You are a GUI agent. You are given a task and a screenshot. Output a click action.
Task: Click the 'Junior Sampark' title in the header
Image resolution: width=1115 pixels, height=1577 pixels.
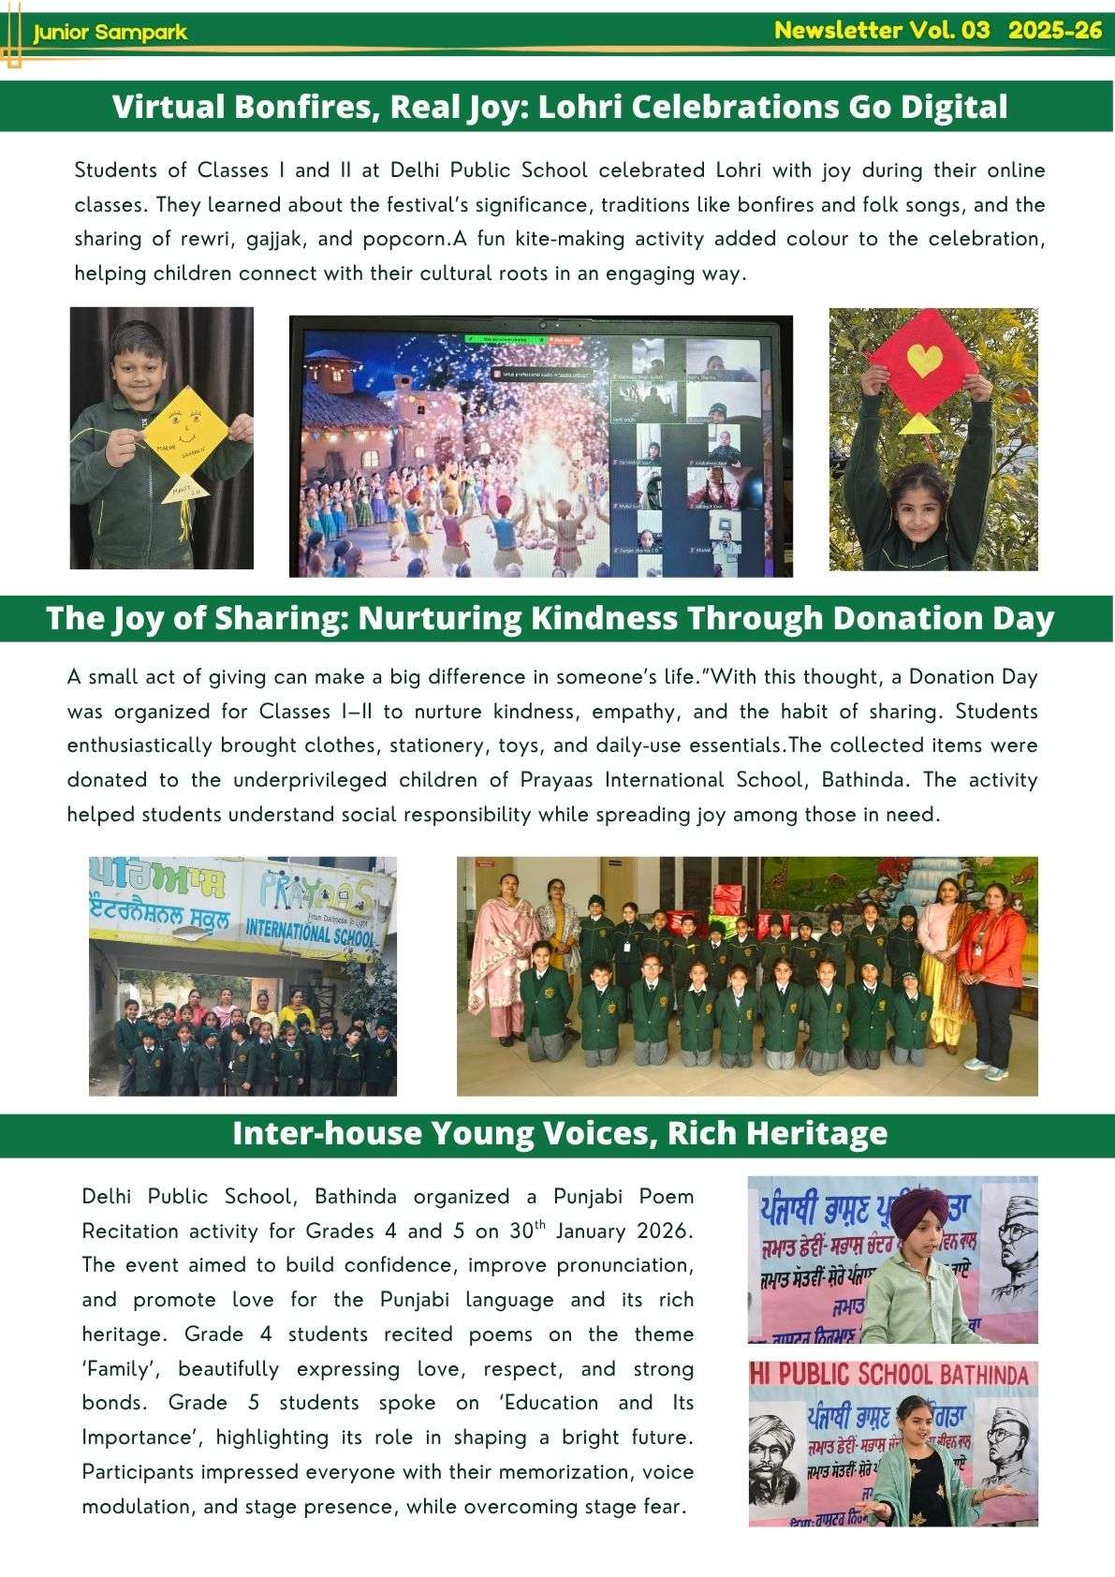(x=110, y=33)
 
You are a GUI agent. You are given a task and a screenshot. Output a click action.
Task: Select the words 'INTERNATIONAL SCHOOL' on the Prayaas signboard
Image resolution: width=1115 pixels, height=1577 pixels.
(x=310, y=932)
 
